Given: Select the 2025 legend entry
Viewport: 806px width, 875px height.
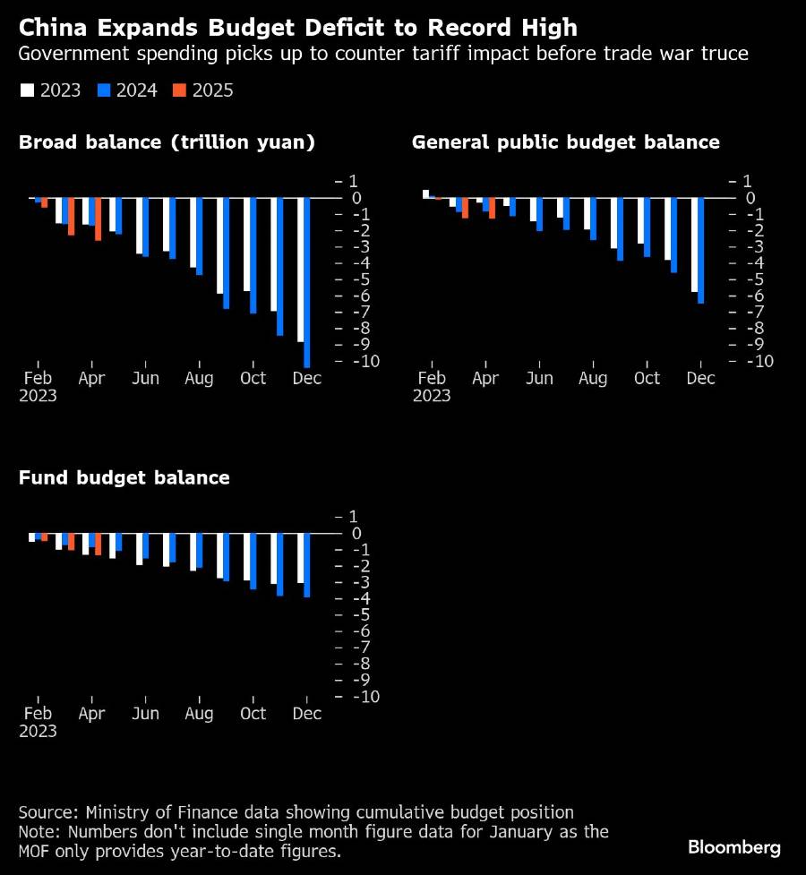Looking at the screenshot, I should (x=203, y=90).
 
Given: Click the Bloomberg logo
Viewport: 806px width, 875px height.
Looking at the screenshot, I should (x=734, y=846).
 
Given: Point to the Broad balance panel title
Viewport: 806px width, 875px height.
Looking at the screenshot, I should (x=167, y=142).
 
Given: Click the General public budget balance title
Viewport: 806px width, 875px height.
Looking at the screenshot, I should (x=565, y=142).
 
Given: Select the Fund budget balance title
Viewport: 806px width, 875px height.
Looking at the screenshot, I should (x=124, y=478).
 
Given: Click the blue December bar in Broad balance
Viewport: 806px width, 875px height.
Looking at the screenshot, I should (x=307, y=282).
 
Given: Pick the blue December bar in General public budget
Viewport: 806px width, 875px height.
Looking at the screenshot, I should (x=701, y=251).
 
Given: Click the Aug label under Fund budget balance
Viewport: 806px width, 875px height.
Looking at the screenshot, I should (x=199, y=714).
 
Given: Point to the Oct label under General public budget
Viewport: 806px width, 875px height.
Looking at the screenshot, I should (x=647, y=378).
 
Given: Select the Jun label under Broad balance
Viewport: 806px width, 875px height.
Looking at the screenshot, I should (x=145, y=378).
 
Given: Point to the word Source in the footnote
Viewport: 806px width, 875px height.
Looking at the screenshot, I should (x=47, y=812).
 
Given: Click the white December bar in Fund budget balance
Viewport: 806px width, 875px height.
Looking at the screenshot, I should (x=301, y=558).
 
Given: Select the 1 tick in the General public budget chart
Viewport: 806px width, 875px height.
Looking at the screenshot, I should (x=748, y=181).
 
